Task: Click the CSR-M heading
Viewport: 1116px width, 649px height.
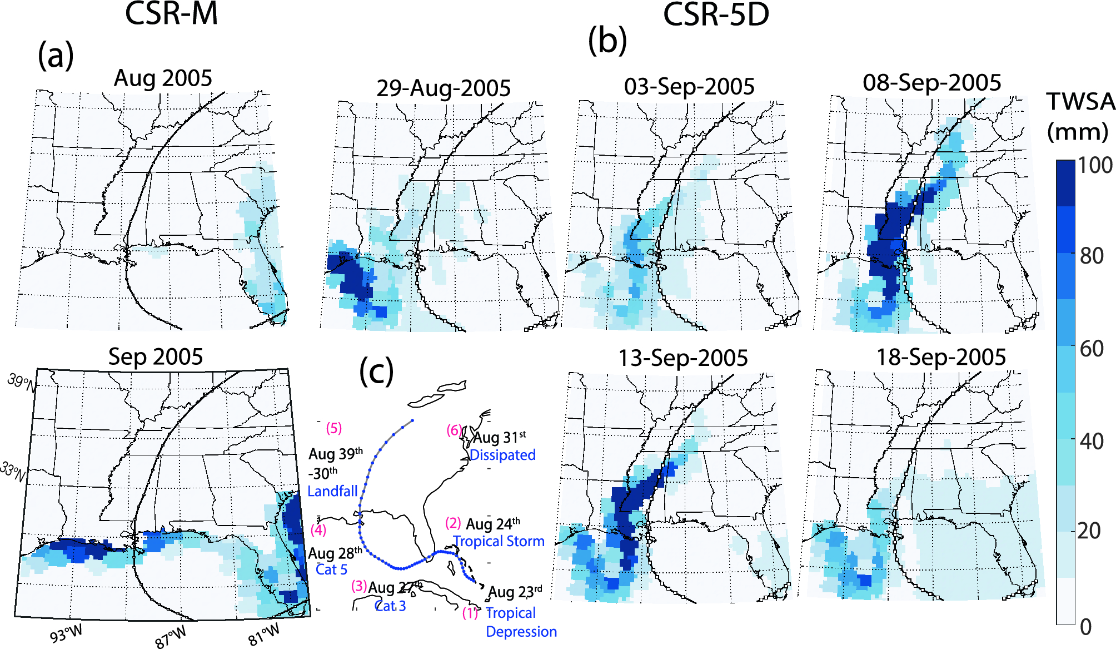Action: pos(171,14)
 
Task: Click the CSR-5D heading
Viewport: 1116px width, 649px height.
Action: pos(716,14)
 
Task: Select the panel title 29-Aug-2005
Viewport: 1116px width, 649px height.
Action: pos(444,88)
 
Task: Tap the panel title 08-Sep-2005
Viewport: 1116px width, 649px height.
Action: pos(931,83)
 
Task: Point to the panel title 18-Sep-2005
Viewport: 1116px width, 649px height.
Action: pos(941,358)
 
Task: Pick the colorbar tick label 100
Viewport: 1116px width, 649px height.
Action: pos(1095,166)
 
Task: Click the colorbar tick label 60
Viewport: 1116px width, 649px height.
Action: pos(1092,349)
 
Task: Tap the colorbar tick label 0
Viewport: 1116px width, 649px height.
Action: pos(1085,627)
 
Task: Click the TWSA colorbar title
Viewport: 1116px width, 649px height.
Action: pos(1080,102)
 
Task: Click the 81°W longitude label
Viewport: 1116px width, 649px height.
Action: pos(264,635)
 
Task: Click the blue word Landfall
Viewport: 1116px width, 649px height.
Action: pos(332,492)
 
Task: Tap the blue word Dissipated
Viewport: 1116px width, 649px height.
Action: pos(502,455)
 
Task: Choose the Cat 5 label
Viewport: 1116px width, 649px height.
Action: pos(331,570)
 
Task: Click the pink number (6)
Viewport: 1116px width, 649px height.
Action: pos(454,430)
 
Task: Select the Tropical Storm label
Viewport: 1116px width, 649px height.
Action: pos(499,542)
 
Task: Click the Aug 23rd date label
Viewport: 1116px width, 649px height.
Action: pos(515,592)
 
